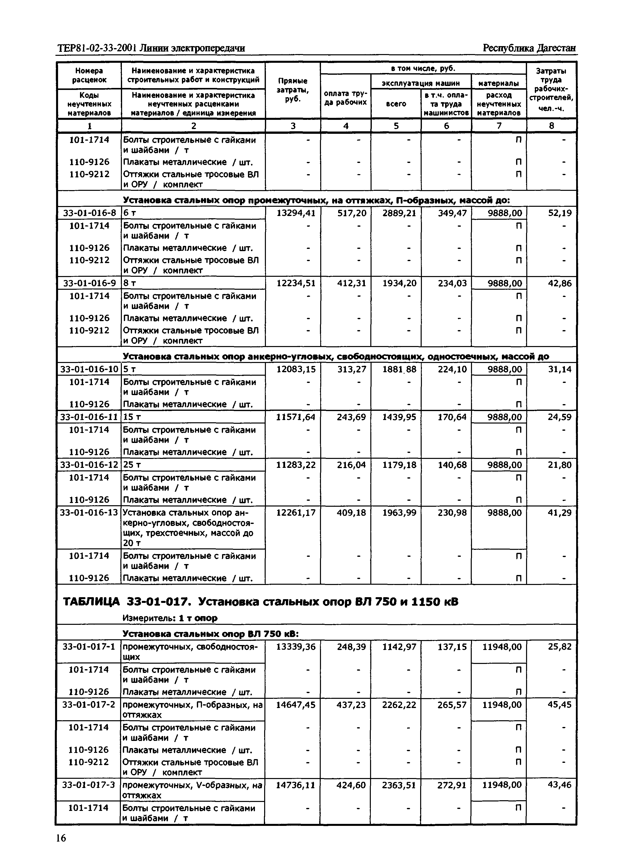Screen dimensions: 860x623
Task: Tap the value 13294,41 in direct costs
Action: click(x=296, y=213)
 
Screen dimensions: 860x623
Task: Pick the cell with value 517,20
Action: click(x=352, y=213)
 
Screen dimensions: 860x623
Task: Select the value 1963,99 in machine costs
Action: click(x=399, y=513)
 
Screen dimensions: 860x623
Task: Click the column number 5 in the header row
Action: click(x=396, y=126)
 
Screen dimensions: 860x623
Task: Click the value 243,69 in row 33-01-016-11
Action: click(x=352, y=417)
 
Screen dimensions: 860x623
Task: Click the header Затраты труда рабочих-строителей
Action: click(x=551, y=89)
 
